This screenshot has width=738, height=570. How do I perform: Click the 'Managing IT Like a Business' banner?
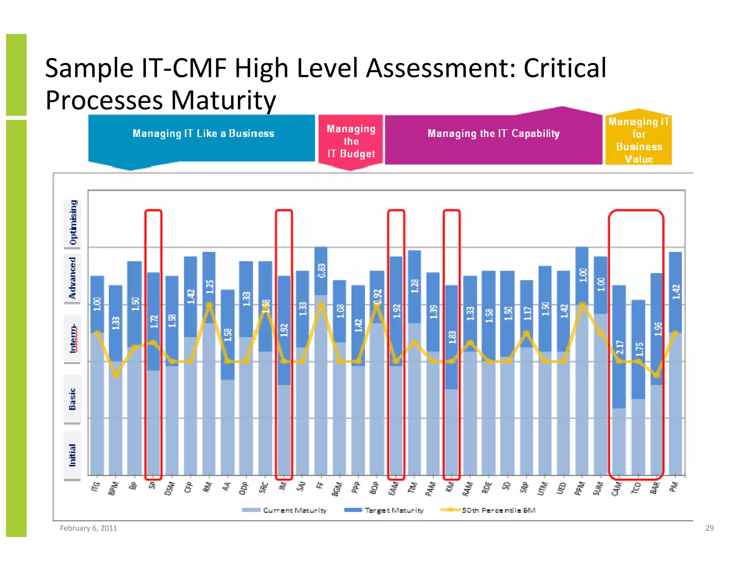click(x=203, y=134)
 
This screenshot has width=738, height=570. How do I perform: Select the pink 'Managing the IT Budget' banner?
click(x=351, y=141)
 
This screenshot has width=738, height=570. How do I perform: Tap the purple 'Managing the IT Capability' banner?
click(x=493, y=134)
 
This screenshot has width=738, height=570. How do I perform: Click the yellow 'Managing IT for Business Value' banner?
click(x=639, y=140)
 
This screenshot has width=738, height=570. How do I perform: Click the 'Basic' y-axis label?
click(x=72, y=399)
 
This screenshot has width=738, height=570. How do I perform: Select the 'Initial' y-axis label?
click(x=72, y=455)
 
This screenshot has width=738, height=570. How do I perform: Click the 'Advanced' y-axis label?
click(x=72, y=278)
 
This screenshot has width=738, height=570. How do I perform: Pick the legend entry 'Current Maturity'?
click(x=284, y=510)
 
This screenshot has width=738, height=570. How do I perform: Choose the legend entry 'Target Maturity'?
click(x=384, y=510)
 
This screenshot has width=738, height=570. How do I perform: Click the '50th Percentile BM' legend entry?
click(x=488, y=510)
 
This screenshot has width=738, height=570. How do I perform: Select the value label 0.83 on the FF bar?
click(x=321, y=271)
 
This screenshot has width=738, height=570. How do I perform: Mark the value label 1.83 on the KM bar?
click(x=452, y=337)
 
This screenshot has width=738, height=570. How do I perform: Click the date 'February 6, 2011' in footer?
click(x=88, y=528)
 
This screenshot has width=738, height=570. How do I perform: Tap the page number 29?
click(x=709, y=528)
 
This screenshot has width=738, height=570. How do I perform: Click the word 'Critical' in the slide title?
click(x=565, y=68)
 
